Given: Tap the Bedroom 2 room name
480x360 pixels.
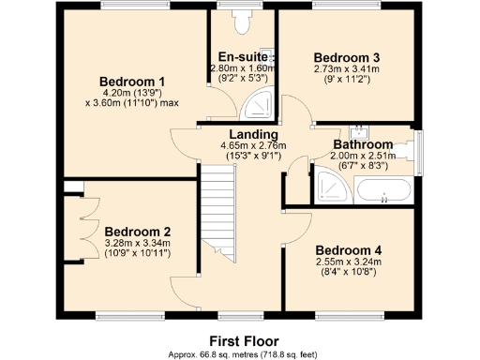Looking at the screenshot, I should (x=137, y=232).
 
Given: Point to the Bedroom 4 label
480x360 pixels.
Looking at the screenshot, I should (x=349, y=249).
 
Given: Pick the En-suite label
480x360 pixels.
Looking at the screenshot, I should (x=240, y=56).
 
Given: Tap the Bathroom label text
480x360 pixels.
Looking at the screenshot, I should (x=363, y=144).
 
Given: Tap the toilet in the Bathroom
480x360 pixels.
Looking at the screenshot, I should (x=403, y=148).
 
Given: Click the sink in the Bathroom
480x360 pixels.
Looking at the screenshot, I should (x=356, y=131).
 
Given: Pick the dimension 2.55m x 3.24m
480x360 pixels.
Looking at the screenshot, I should (x=349, y=262).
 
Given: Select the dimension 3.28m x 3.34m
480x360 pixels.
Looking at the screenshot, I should (x=137, y=244).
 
